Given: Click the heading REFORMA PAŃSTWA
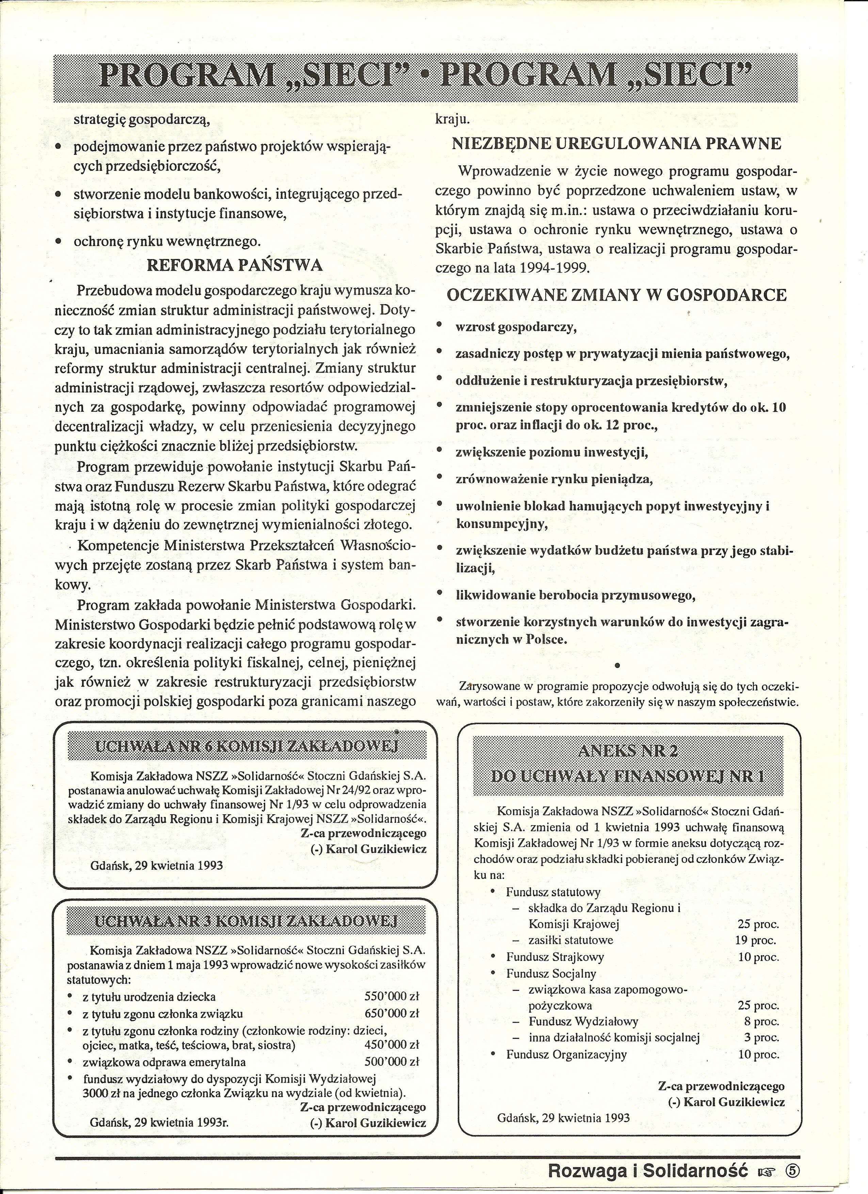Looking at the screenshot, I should point(235,265).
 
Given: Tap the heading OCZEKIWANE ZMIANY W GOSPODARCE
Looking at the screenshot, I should point(616,295).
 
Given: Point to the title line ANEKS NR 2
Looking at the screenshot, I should point(628,751).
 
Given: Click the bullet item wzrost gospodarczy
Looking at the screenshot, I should point(516,327).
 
